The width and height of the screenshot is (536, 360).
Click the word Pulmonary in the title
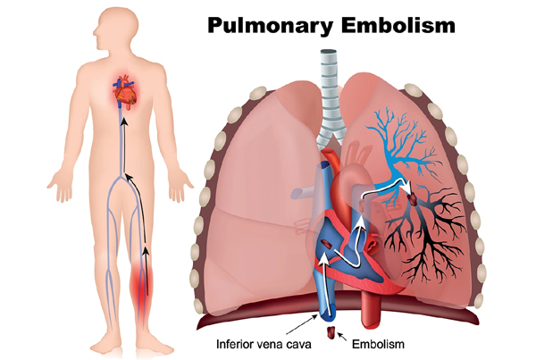270,26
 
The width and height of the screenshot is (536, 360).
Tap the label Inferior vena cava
264,344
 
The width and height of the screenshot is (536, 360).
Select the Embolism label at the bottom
378,344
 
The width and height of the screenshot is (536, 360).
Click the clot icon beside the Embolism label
331,332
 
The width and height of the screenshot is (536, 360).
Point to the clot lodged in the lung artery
414,199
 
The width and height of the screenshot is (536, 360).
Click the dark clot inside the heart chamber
326,245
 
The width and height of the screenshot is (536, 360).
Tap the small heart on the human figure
126,92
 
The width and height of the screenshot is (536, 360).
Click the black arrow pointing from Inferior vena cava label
302,325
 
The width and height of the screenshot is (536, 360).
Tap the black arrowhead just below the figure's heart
125,122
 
